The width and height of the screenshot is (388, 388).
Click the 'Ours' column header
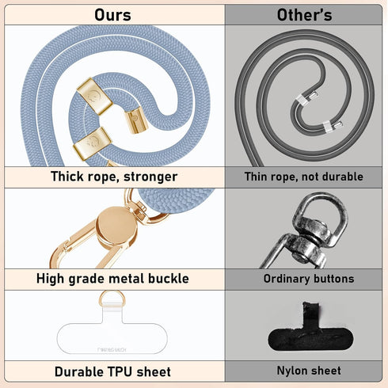pyautogui.click(x=112, y=15)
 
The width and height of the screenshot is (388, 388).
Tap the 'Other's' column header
pyautogui.click(x=304, y=15)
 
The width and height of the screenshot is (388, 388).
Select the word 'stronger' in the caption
pyautogui.click(x=150, y=177)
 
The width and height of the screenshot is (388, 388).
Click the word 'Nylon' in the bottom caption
pyautogui.click(x=291, y=371)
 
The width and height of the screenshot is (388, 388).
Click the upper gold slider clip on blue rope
pyautogui.click(x=94, y=96)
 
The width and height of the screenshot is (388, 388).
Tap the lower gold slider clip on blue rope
pyautogui.click(x=93, y=143)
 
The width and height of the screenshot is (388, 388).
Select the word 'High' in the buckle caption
pyautogui.click(x=50, y=279)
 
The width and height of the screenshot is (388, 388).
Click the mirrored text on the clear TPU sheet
pyautogui.click(x=112, y=350)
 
